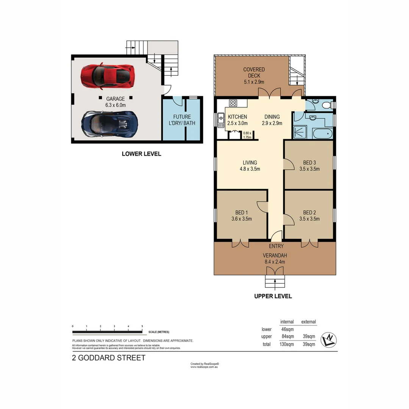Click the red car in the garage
[x=107, y=75]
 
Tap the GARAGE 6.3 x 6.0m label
[x=116, y=102]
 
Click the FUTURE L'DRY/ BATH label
[x=182, y=120]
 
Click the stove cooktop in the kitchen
[x=233, y=103]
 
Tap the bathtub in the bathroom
[x=322, y=134]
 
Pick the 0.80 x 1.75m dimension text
[x=247, y=135]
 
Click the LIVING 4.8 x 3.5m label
[x=250, y=166]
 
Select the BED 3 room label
[x=309, y=166]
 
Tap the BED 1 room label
[x=241, y=215]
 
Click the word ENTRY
[x=276, y=246]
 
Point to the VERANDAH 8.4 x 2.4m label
[x=275, y=258]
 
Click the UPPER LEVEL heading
[x=273, y=296]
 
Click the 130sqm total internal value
[x=287, y=344]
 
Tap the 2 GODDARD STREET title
[x=109, y=358]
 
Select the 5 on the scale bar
[x=142, y=326]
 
